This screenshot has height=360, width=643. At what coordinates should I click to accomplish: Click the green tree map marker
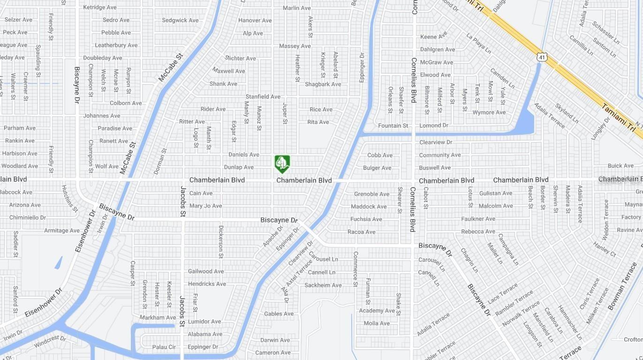tap(282, 164)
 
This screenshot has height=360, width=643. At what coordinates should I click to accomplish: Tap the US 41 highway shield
tap(542, 57)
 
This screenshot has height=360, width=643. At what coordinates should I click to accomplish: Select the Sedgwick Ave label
tap(180, 20)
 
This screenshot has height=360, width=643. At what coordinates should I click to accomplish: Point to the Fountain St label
tap(393, 125)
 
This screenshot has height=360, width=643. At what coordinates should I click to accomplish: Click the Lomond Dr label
tap(434, 125)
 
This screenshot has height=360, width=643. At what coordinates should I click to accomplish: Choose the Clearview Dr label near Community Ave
tap(436, 142)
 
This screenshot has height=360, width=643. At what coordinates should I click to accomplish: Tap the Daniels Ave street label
tap(243, 154)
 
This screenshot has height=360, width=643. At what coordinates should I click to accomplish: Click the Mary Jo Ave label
tap(205, 206)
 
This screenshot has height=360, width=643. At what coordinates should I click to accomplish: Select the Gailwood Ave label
tap(206, 271)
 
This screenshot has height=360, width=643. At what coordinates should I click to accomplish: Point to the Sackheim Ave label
tap(323, 285)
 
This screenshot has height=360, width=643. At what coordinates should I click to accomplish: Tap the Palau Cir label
tap(164, 347)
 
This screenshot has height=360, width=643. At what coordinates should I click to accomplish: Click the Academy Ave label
tap(377, 311)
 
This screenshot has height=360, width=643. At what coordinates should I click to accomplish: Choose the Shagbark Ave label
tap(323, 84)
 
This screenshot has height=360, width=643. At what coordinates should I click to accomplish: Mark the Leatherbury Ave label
tap(116, 45)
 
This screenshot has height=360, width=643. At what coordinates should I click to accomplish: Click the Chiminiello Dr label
tap(28, 218)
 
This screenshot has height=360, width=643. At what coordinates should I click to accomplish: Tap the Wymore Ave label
tap(489, 112)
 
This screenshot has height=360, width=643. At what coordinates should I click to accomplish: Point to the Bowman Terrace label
tap(622, 292)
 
